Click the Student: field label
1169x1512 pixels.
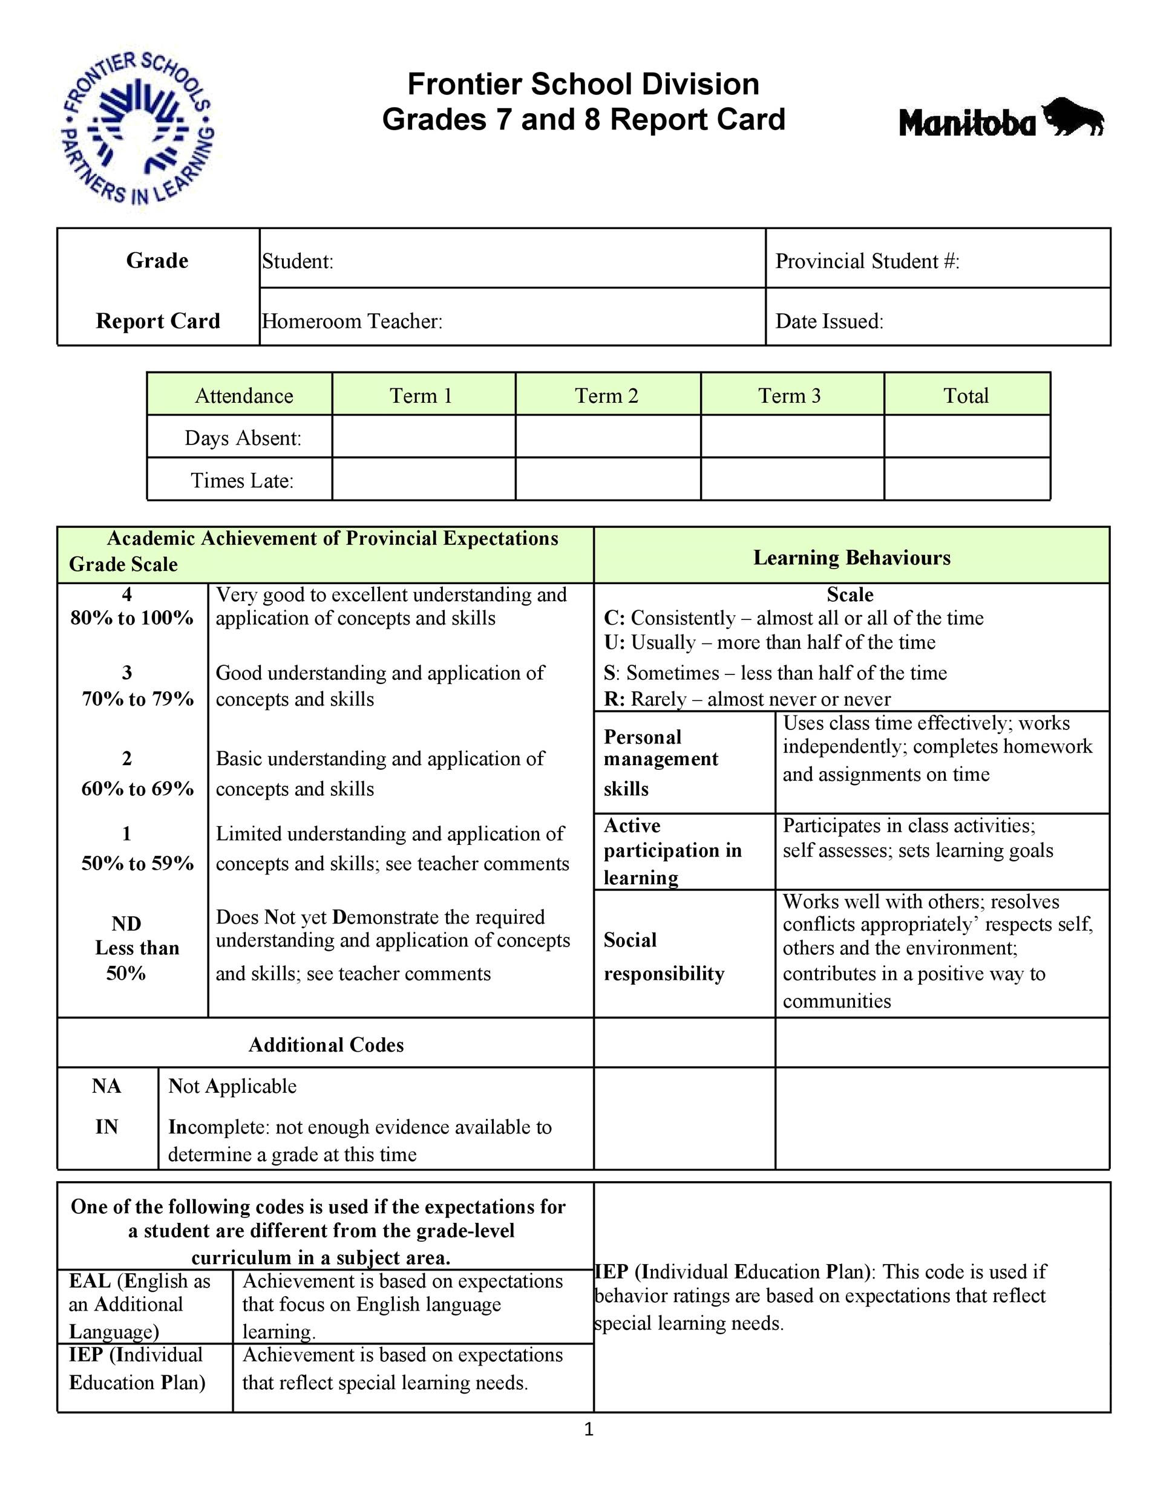(x=298, y=262)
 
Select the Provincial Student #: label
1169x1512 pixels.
(x=867, y=262)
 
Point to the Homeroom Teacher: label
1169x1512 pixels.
(x=352, y=321)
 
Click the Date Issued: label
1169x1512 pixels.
(x=829, y=321)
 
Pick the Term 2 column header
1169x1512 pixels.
(x=607, y=396)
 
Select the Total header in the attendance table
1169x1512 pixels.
(x=966, y=396)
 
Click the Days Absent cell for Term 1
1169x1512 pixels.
(x=423, y=437)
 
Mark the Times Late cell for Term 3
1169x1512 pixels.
(x=791, y=480)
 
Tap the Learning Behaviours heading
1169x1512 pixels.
(x=852, y=558)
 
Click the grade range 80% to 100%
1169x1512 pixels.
(x=131, y=618)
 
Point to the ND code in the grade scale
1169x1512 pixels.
(x=126, y=924)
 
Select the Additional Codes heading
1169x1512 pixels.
(x=326, y=1044)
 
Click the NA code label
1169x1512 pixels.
(x=106, y=1086)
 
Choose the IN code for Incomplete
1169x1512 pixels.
(x=106, y=1127)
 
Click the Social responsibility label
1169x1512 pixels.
(x=663, y=957)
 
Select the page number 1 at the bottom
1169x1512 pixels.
(x=589, y=1430)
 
